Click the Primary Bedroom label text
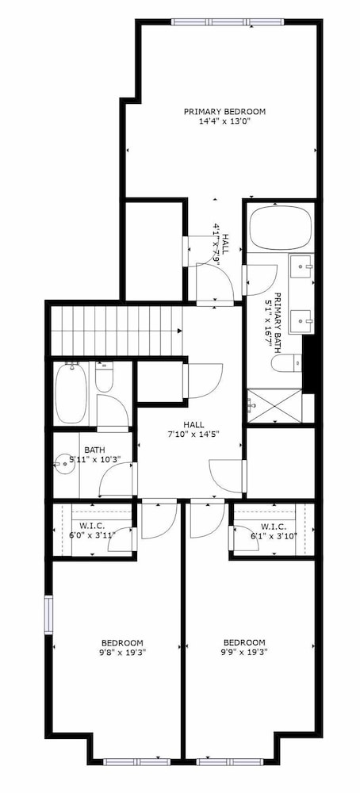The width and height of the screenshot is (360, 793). [224, 111]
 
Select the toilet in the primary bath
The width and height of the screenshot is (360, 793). [285, 363]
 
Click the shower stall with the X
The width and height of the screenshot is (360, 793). [274, 405]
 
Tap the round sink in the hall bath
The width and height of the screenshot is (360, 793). [64, 462]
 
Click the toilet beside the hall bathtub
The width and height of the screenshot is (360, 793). [104, 377]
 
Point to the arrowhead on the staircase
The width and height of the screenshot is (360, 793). [179, 331]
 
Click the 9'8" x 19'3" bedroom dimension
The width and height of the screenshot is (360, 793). [121, 652]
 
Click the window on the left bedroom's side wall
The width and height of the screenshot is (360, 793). [48, 615]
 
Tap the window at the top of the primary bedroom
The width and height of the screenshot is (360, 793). [228, 21]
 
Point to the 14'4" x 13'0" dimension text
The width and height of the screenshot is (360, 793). [224, 121]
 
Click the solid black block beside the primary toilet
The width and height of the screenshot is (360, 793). [309, 362]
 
